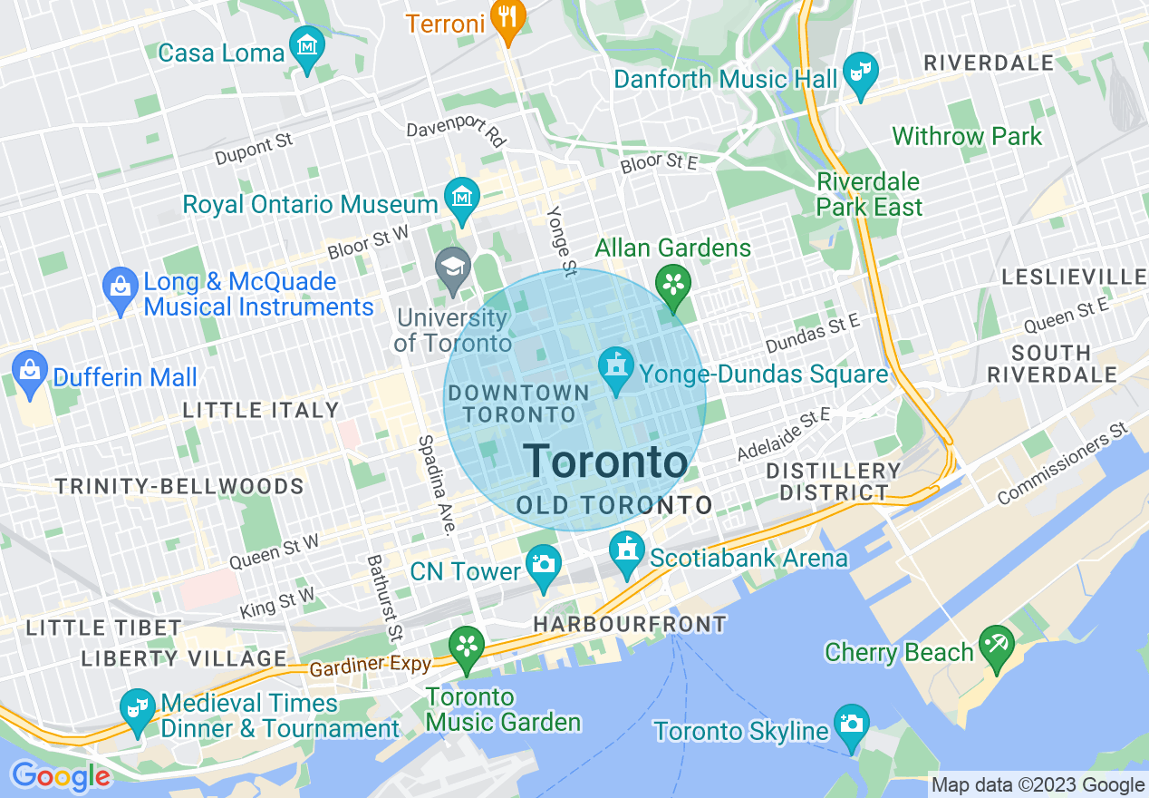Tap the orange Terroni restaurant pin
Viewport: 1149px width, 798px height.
point(508,19)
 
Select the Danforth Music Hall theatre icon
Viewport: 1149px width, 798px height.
point(860,73)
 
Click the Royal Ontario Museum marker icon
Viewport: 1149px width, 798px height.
point(462,197)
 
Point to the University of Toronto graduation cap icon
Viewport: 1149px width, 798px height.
point(452,268)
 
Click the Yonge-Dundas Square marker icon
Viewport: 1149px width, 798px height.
point(616,368)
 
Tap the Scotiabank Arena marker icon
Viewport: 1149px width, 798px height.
point(627,551)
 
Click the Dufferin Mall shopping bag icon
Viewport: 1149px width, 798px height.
point(30,371)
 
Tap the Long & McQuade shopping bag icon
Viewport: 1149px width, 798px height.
point(121,288)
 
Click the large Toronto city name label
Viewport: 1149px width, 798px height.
point(605,462)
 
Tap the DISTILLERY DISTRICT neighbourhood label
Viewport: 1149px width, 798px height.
point(834,482)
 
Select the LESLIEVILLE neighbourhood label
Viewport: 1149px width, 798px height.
point(1073,277)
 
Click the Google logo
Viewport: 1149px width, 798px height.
point(61,776)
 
